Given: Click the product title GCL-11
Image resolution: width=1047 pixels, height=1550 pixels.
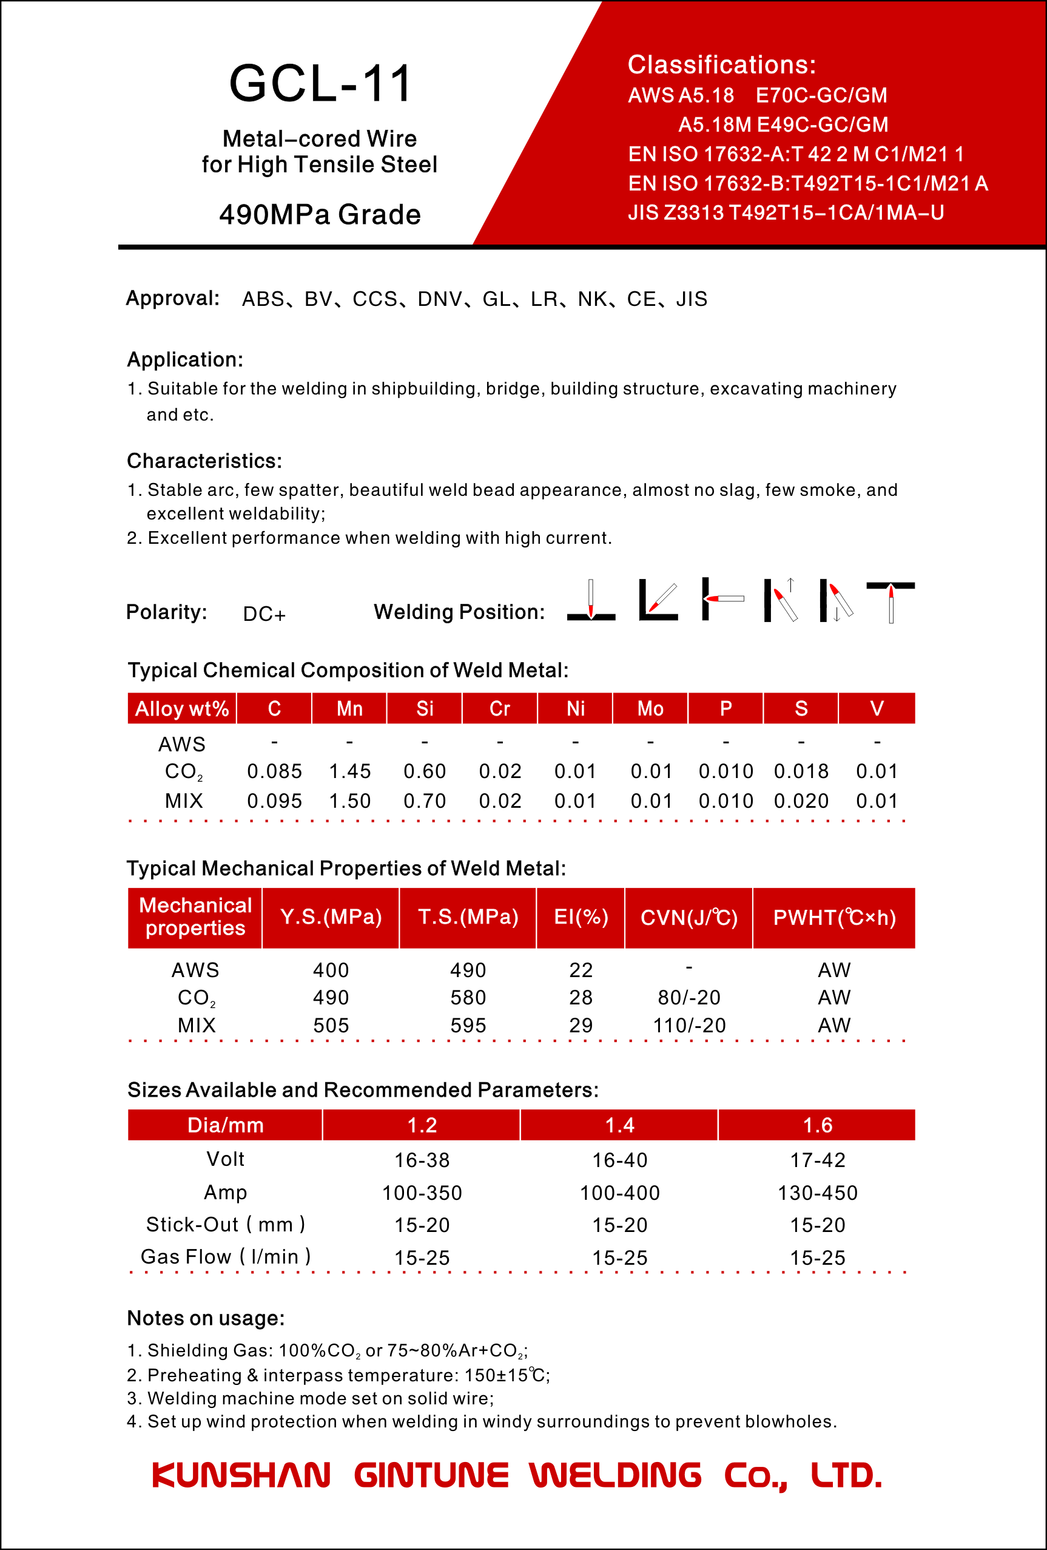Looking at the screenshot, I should (x=320, y=84).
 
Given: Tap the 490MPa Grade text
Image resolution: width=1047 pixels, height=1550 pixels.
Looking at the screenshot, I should (x=320, y=215).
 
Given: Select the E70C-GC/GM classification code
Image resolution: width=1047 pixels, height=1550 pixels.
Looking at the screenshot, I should (x=821, y=95).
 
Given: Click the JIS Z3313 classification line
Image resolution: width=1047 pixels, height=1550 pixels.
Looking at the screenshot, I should (x=786, y=213).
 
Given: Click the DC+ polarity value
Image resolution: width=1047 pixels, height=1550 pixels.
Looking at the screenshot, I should (x=264, y=614).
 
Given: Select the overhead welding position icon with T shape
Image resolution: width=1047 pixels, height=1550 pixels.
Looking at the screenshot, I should (x=890, y=601).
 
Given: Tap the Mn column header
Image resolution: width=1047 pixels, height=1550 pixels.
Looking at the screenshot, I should (x=349, y=708).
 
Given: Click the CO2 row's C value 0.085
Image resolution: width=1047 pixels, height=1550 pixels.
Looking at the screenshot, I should (x=275, y=772).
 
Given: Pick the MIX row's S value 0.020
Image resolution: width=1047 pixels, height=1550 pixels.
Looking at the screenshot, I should (x=801, y=801).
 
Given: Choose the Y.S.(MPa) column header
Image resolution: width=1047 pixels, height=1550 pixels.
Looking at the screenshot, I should (x=331, y=917).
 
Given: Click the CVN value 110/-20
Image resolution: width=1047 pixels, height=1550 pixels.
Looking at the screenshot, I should (x=689, y=1025).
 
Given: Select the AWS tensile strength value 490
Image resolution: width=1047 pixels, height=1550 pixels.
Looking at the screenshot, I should (x=468, y=970).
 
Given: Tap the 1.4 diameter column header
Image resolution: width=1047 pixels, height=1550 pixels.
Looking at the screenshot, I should (x=620, y=1125).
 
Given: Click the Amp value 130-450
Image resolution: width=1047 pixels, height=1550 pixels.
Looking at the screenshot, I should (x=818, y=1193).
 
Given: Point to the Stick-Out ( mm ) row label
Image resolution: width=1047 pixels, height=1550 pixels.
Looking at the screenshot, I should (x=225, y=1225).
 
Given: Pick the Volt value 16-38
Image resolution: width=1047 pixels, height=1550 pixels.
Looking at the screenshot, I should (x=422, y=1160).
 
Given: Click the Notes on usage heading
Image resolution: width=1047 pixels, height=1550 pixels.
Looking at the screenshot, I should (x=206, y=1318).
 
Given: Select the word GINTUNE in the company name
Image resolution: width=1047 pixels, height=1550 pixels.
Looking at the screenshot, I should (x=431, y=1475).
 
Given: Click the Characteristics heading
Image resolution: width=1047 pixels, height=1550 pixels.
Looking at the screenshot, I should (x=204, y=461).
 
